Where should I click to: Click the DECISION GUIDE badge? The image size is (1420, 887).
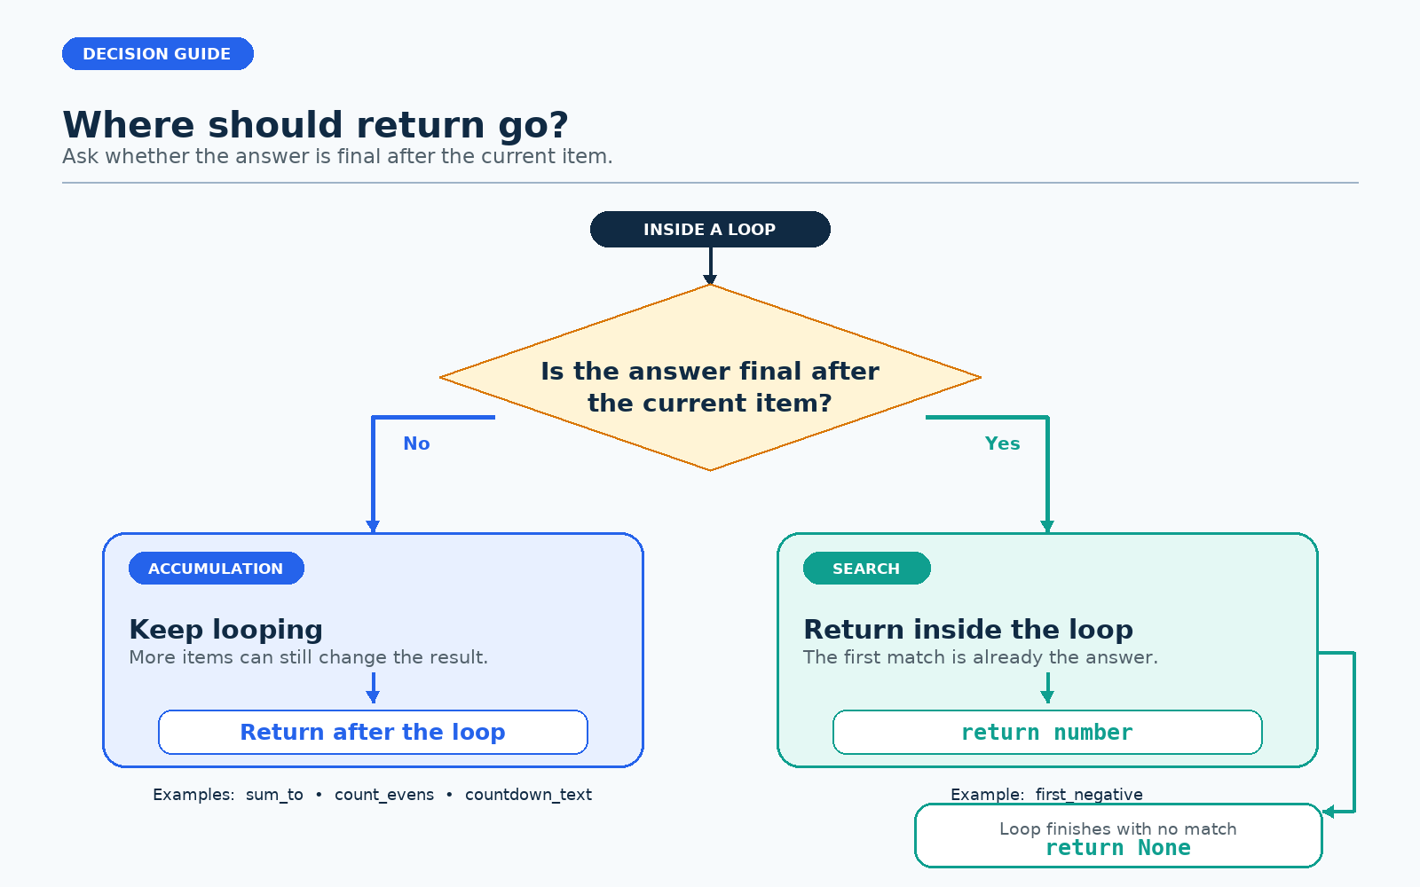click(158, 54)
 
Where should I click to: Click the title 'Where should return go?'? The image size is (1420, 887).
click(315, 125)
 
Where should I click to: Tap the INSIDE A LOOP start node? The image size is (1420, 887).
click(710, 230)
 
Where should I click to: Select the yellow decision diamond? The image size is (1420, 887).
click(710, 378)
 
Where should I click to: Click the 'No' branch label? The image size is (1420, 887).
click(416, 443)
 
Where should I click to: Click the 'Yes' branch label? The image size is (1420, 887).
click(1002, 443)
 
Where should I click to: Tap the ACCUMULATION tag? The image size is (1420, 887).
click(217, 569)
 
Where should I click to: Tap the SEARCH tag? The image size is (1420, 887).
click(866, 569)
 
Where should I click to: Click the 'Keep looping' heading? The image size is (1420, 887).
click(225, 630)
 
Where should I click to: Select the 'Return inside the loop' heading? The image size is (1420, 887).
click(968, 630)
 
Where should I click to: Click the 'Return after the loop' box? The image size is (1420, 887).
click(373, 733)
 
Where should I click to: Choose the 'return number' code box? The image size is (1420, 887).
click(1047, 733)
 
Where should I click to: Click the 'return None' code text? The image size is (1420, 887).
click(1118, 848)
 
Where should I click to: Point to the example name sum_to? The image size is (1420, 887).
click(274, 795)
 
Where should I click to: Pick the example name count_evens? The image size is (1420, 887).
click(384, 795)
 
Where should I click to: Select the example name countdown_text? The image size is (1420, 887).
click(528, 795)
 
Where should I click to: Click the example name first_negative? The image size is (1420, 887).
click(1089, 795)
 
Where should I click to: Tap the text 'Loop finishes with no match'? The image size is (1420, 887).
click(1118, 828)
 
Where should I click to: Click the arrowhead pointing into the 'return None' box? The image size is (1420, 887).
click(1329, 812)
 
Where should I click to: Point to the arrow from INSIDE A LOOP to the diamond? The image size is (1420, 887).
click(710, 266)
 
